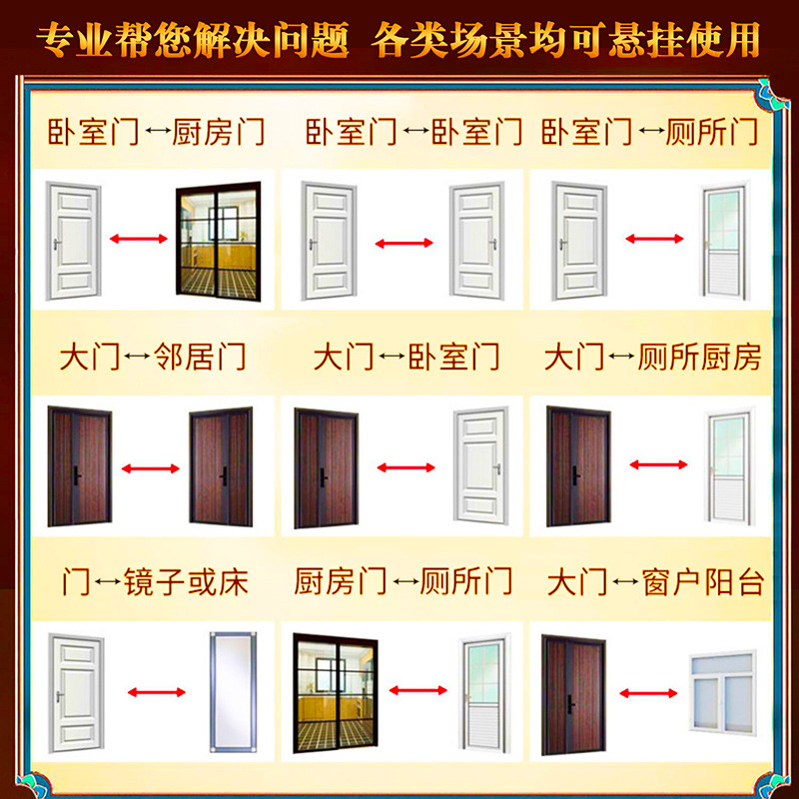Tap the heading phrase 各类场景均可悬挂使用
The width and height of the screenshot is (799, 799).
coord(566,41)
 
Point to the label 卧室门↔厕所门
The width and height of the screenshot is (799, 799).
coord(649,132)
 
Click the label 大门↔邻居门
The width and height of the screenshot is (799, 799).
coord(152,357)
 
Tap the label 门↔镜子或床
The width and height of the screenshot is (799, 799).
coord(154,581)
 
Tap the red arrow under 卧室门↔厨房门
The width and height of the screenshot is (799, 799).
coord(138,238)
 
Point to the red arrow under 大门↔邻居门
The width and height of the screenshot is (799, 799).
coord(150,465)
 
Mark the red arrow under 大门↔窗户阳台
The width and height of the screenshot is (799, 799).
coord(648,693)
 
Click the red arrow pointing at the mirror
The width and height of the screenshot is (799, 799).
coord(155,692)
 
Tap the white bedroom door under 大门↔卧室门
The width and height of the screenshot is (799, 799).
coord(481,465)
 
